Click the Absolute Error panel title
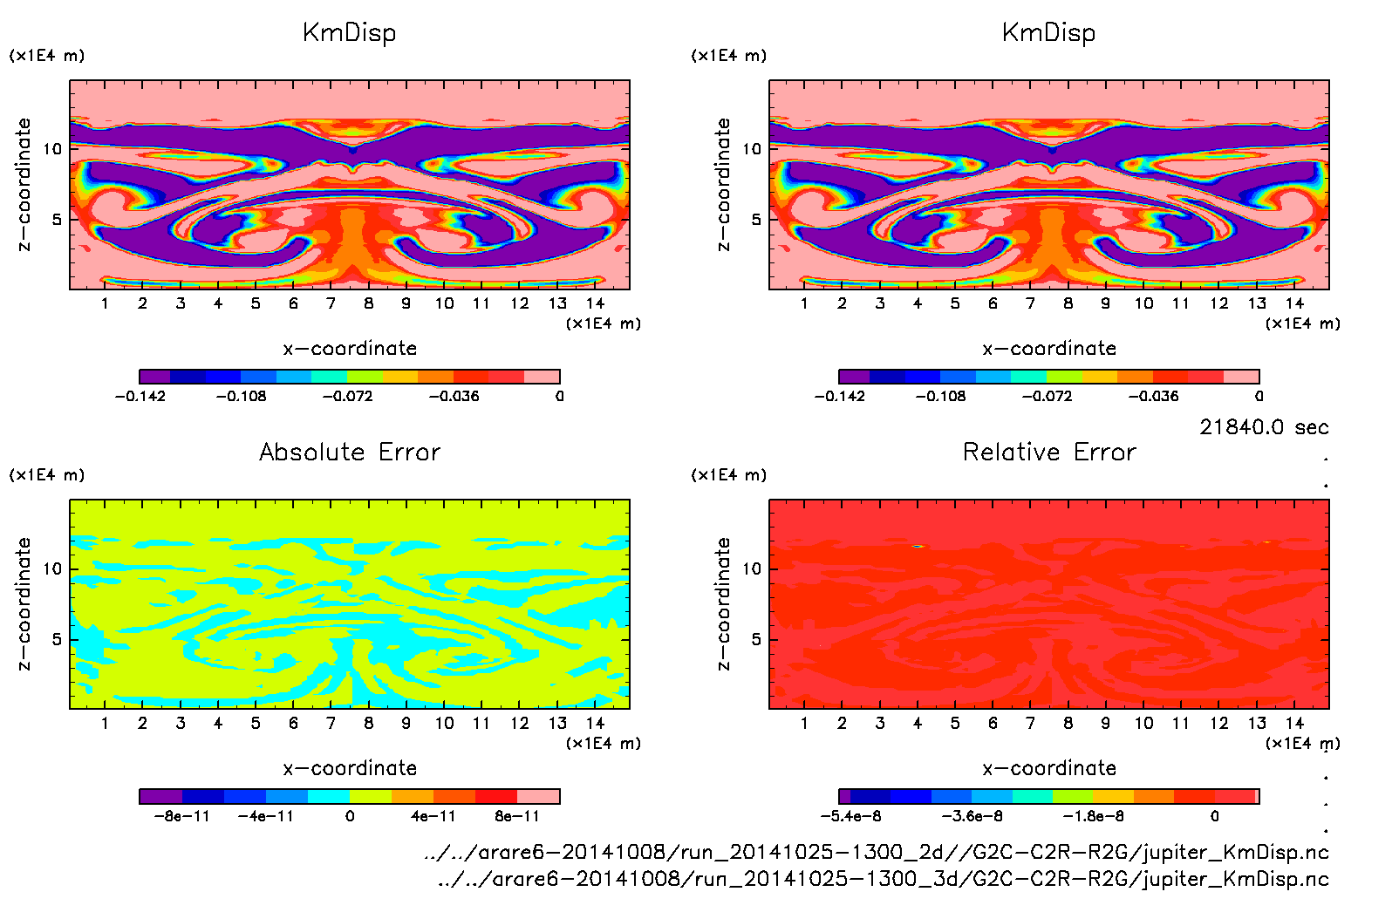[x=350, y=452]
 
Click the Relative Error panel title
[x=1049, y=452]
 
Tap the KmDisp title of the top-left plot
[x=349, y=33]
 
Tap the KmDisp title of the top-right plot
[x=1048, y=33]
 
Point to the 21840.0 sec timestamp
[x=1264, y=427]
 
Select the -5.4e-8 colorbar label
[x=850, y=816]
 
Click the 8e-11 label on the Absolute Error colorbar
[x=517, y=816]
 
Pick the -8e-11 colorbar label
[x=181, y=816]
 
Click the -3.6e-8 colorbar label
[x=972, y=816]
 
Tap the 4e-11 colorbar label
[x=433, y=816]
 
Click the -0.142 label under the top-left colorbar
[x=140, y=396]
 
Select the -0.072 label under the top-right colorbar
[x=1047, y=396]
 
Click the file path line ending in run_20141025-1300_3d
[x=883, y=879]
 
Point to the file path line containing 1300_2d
[x=876, y=852]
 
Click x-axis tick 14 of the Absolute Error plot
[x=595, y=723]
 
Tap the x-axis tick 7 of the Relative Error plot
[x=1030, y=723]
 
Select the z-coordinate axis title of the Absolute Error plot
[x=24, y=603]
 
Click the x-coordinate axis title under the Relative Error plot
[x=1049, y=768]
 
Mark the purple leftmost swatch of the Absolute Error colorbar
[x=160, y=796]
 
